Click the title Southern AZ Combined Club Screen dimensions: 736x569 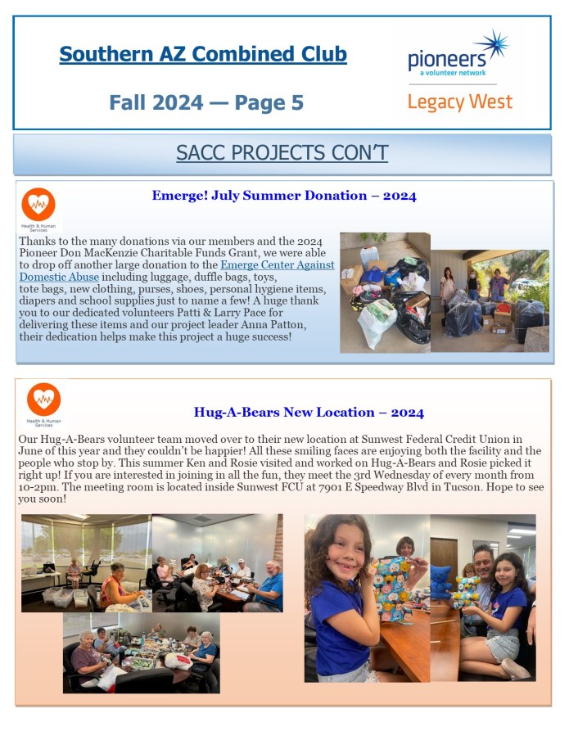click(x=203, y=55)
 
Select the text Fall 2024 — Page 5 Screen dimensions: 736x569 click(x=206, y=102)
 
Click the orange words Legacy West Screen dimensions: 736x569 click(x=459, y=102)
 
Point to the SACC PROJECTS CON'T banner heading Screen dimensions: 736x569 click(x=282, y=153)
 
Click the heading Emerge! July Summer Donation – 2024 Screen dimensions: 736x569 click(x=283, y=196)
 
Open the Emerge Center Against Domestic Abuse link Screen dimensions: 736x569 click(x=278, y=265)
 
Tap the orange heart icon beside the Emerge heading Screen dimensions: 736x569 click(x=38, y=205)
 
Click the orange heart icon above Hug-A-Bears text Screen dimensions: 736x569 click(x=43, y=400)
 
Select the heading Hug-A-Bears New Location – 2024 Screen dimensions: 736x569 click(x=309, y=413)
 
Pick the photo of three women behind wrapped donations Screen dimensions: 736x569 click(x=490, y=301)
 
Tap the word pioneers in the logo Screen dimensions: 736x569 click(x=446, y=59)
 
